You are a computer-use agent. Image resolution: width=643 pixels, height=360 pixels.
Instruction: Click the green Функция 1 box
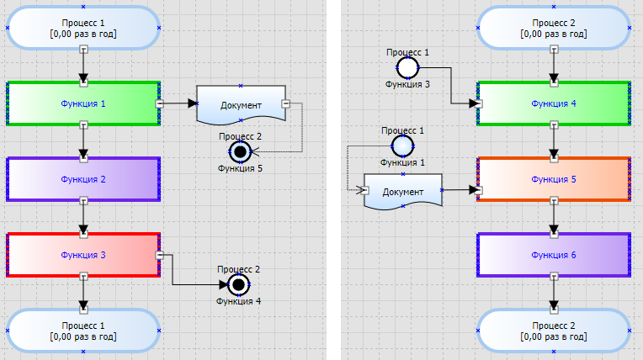[83, 103]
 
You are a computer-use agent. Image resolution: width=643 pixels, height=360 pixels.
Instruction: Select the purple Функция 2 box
[83, 179]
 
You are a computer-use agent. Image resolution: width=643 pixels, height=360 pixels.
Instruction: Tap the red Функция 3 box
[83, 255]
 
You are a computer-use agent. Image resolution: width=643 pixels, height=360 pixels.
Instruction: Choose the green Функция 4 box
[554, 103]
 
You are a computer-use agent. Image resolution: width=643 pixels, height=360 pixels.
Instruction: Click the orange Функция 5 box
[554, 179]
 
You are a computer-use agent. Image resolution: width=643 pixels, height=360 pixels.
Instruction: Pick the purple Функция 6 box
[554, 254]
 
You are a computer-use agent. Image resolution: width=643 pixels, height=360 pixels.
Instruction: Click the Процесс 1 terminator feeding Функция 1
[83, 28]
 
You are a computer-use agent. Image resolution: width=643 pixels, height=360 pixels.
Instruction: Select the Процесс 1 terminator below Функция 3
[83, 330]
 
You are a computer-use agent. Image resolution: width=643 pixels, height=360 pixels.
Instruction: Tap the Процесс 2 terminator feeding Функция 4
[554, 28]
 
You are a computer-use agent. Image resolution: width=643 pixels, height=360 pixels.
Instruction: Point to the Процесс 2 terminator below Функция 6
[554, 330]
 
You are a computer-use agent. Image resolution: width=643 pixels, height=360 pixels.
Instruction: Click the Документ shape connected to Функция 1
[241, 104]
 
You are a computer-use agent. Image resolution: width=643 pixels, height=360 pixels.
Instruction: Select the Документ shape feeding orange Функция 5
[402, 191]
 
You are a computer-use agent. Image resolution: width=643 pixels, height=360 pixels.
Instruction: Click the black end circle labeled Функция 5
[241, 152]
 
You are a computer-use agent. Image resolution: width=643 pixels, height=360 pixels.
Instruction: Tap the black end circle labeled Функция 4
[239, 284]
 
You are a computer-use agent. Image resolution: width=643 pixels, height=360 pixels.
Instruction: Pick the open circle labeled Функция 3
[407, 68]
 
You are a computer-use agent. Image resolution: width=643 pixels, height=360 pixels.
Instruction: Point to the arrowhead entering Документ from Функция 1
[193, 103]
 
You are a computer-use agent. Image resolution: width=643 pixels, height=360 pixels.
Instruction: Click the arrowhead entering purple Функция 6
[554, 229]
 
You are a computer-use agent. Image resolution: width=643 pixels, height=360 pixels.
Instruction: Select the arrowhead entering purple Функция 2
[83, 154]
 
